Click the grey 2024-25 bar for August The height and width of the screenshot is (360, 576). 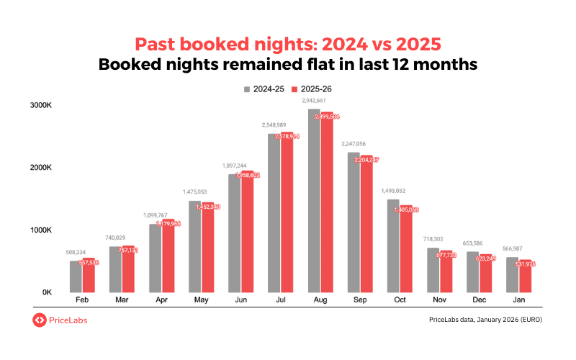click(x=314, y=202)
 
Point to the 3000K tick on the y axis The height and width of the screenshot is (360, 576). click(x=40, y=106)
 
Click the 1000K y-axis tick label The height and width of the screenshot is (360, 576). click(x=40, y=230)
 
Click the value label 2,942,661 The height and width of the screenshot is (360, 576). click(x=306, y=102)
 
